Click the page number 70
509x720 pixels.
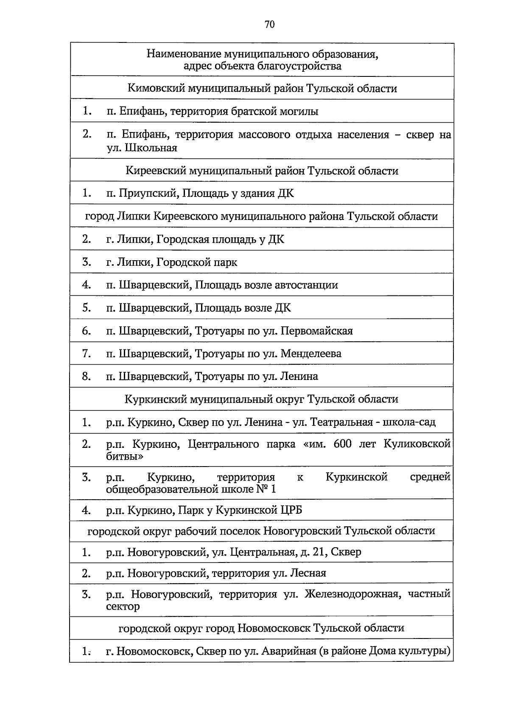tap(269, 25)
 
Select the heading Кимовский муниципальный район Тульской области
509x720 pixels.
tap(262, 88)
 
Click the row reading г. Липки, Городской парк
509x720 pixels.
tap(171, 262)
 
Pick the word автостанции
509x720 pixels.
tap(308, 285)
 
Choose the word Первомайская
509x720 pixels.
tap(317, 331)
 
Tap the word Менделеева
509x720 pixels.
tap(311, 354)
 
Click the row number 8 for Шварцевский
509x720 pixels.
tap(87, 377)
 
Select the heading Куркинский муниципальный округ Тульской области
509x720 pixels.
tap(262, 399)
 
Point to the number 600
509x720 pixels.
tap(343, 444)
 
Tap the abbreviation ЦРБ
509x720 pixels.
tap(292, 510)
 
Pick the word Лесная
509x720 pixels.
tap(308, 574)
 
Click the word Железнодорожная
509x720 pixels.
tap(352, 594)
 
